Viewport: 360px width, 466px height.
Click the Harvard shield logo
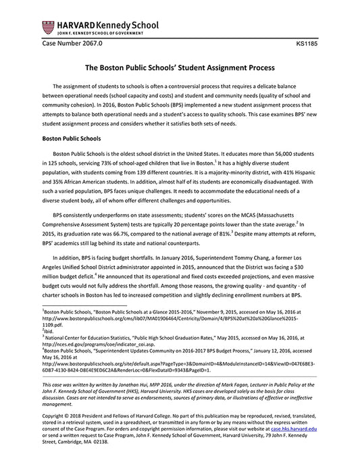pyautogui.click(x=48, y=28)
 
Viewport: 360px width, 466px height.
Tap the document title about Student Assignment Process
pyautogui.click(x=180, y=68)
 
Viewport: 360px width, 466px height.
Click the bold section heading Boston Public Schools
pyautogui.click(x=76, y=138)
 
